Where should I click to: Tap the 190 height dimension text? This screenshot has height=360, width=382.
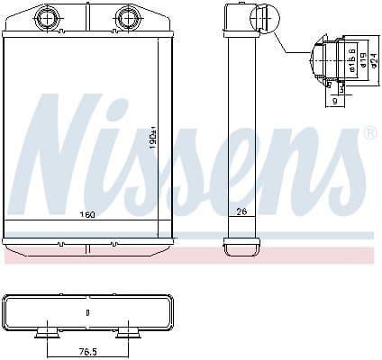(154, 139)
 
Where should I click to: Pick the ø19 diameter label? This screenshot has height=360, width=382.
(360, 58)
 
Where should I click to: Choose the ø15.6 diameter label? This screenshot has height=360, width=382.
(350, 58)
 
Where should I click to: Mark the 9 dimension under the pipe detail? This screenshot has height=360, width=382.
(334, 103)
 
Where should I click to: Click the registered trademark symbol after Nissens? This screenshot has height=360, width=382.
(368, 134)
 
